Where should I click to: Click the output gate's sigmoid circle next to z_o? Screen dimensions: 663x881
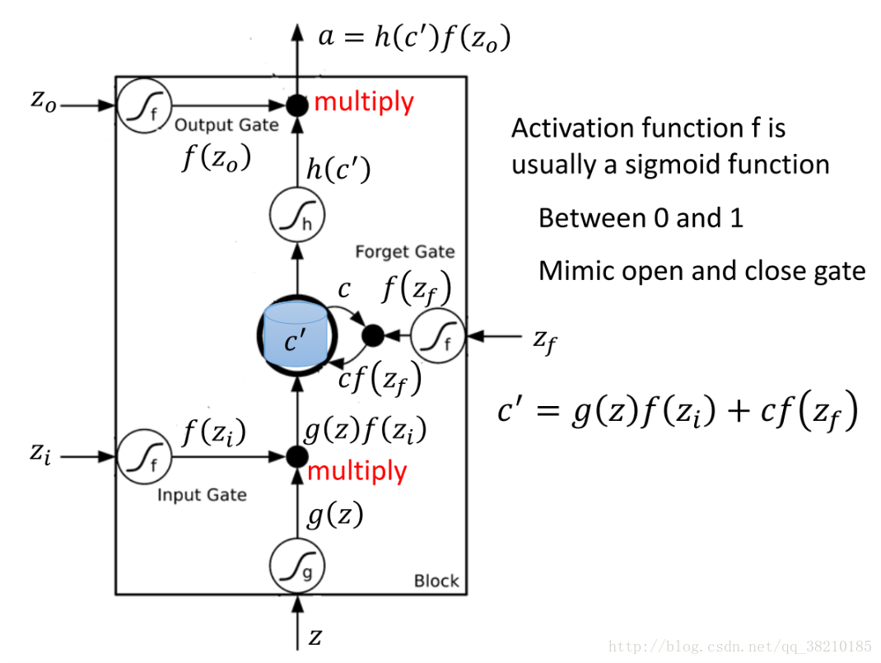(142, 105)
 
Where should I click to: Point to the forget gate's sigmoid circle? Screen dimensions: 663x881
(437, 336)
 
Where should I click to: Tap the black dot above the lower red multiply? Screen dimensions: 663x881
(296, 455)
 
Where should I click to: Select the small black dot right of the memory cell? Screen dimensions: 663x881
(372, 335)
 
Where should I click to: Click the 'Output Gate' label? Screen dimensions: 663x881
(226, 125)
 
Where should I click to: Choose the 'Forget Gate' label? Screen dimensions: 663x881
(404, 251)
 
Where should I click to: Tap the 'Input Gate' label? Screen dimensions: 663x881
(202, 495)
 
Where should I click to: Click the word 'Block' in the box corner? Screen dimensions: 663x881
(436, 581)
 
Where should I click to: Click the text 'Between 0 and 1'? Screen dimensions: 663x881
(641, 218)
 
